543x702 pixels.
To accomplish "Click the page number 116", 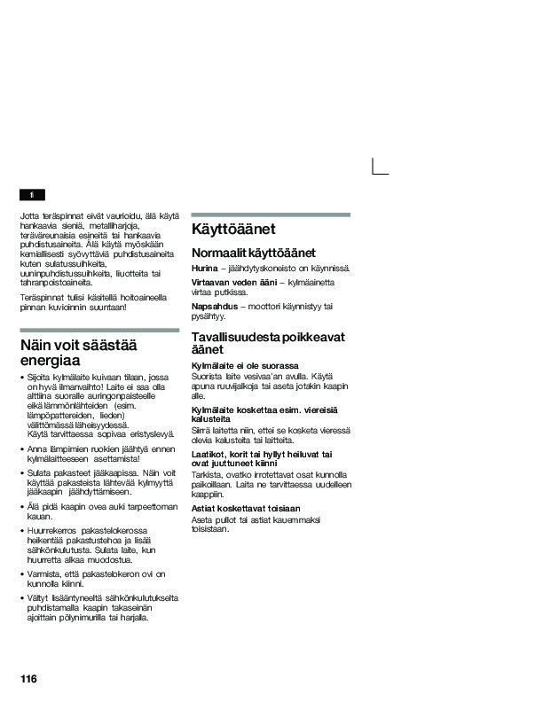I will [x=28, y=678].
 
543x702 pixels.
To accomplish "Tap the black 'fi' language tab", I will [x=32, y=195].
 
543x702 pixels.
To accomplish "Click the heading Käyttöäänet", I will [x=233, y=230].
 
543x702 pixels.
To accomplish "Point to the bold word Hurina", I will [x=204, y=268].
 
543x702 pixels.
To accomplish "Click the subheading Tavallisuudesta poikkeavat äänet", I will [x=268, y=343].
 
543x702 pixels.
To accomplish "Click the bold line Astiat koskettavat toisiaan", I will [x=246, y=508].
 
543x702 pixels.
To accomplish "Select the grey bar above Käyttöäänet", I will [x=271, y=214].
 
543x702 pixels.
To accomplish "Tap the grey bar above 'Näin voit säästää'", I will [x=98, y=329].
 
